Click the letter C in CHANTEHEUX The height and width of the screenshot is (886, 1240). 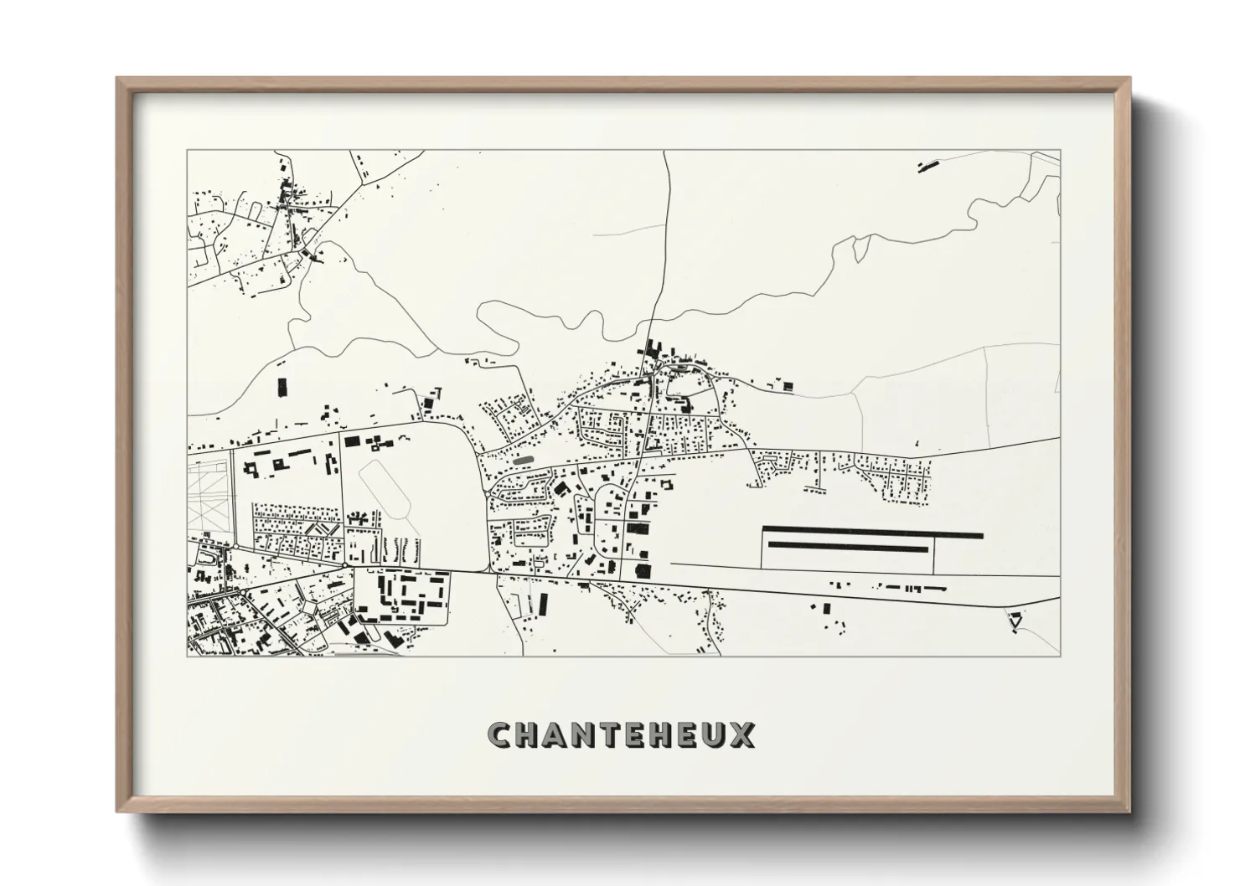tap(500, 734)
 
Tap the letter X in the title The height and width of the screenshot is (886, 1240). tap(742, 734)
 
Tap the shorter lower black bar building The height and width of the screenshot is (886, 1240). tap(849, 547)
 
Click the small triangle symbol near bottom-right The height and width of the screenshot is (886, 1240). tap(1015, 621)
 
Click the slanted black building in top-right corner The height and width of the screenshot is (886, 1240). tap(927, 166)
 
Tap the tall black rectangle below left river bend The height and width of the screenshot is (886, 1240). tap(282, 387)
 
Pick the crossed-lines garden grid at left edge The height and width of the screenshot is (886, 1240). tap(205, 494)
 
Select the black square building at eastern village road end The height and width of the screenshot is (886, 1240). tap(787, 386)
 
